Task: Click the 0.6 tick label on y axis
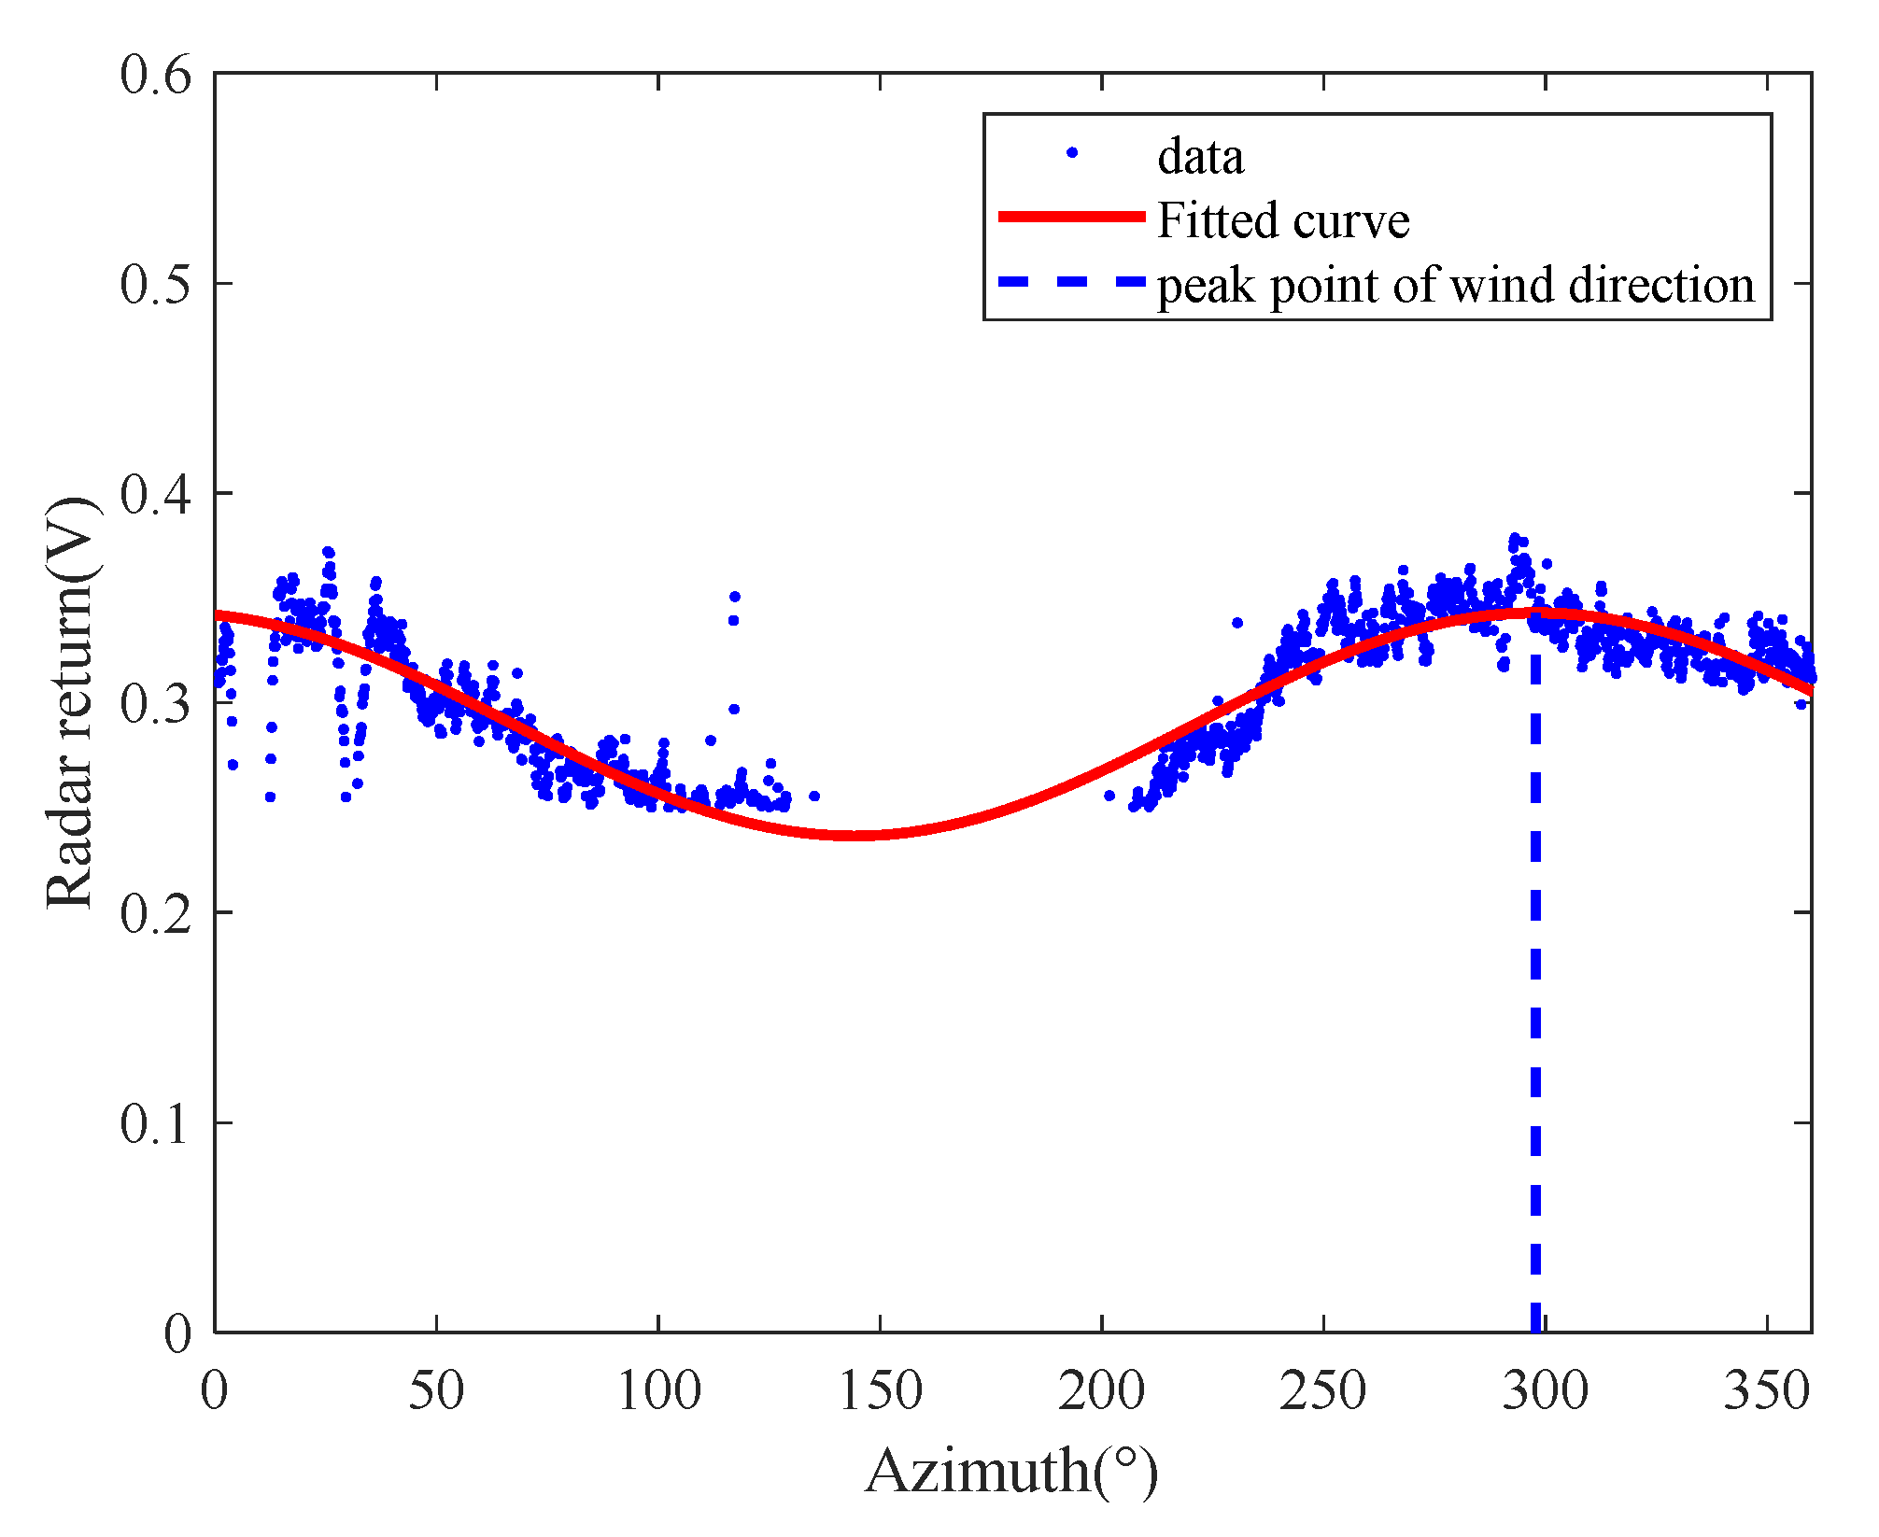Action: [x=155, y=75]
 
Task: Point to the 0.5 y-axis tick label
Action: [x=155, y=284]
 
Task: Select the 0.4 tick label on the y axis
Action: [x=155, y=494]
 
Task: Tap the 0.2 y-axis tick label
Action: [x=155, y=913]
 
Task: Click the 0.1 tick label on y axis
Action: [x=155, y=1123]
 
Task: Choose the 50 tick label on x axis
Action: [x=436, y=1390]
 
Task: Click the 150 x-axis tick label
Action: [x=880, y=1390]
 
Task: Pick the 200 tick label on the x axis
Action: [x=1101, y=1390]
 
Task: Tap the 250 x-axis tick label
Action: [x=1323, y=1390]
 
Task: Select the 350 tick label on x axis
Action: [x=1767, y=1390]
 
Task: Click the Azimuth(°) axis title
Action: [x=1011, y=1473]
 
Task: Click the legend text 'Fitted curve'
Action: [x=1282, y=220]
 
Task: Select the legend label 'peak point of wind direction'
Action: [x=1456, y=285]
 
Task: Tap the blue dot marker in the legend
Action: [x=1072, y=152]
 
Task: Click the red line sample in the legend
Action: [x=1072, y=217]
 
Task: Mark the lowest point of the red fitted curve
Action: [x=857, y=835]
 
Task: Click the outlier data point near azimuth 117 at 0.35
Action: [x=735, y=596]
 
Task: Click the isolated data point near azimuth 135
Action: [x=814, y=796]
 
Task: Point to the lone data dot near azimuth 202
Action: [x=1109, y=796]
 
